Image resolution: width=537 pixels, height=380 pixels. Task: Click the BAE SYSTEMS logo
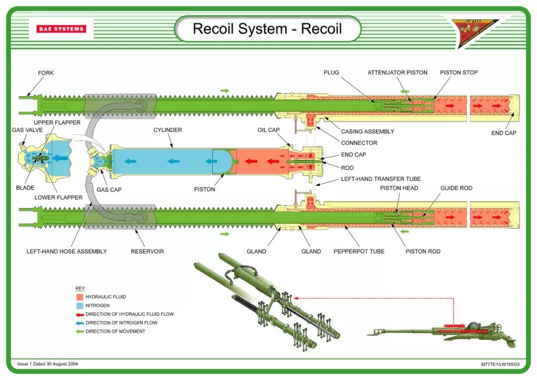pos(61,29)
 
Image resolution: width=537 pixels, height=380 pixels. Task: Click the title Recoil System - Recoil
pos(267,28)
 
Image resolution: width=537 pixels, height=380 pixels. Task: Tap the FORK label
pos(46,73)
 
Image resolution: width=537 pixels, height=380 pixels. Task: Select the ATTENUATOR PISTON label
pos(397,72)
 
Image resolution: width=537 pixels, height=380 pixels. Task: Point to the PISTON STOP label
pos(458,72)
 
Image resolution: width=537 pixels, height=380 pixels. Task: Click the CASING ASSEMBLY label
pos(367,131)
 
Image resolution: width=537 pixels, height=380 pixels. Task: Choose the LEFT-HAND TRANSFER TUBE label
pos(380,179)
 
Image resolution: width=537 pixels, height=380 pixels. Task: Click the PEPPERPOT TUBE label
pos(358,251)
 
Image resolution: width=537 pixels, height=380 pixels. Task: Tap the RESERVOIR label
pos(147,251)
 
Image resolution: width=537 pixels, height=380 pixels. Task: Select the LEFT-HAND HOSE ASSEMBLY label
pos(67,251)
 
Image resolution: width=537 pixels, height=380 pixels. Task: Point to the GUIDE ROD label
pos(456,188)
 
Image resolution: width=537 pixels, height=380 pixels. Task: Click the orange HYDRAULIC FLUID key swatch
pos(79,297)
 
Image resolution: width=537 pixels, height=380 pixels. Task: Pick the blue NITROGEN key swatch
pos(79,305)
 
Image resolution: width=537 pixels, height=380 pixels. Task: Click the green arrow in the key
pos(79,331)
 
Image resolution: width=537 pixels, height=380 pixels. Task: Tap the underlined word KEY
pos(80,288)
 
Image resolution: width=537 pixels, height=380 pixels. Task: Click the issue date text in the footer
pos(48,364)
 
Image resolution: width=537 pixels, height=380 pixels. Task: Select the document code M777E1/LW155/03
pos(500,364)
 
